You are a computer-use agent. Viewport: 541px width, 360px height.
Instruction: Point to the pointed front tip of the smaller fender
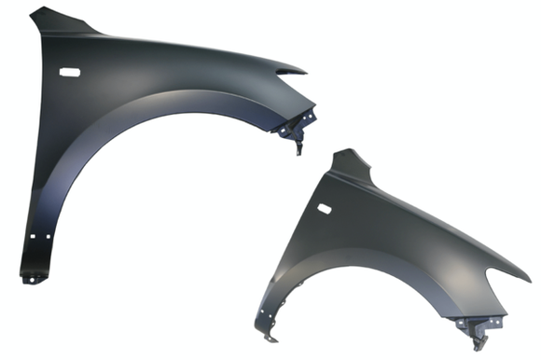526,278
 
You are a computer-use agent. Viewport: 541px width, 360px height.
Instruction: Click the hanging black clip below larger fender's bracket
298,146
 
